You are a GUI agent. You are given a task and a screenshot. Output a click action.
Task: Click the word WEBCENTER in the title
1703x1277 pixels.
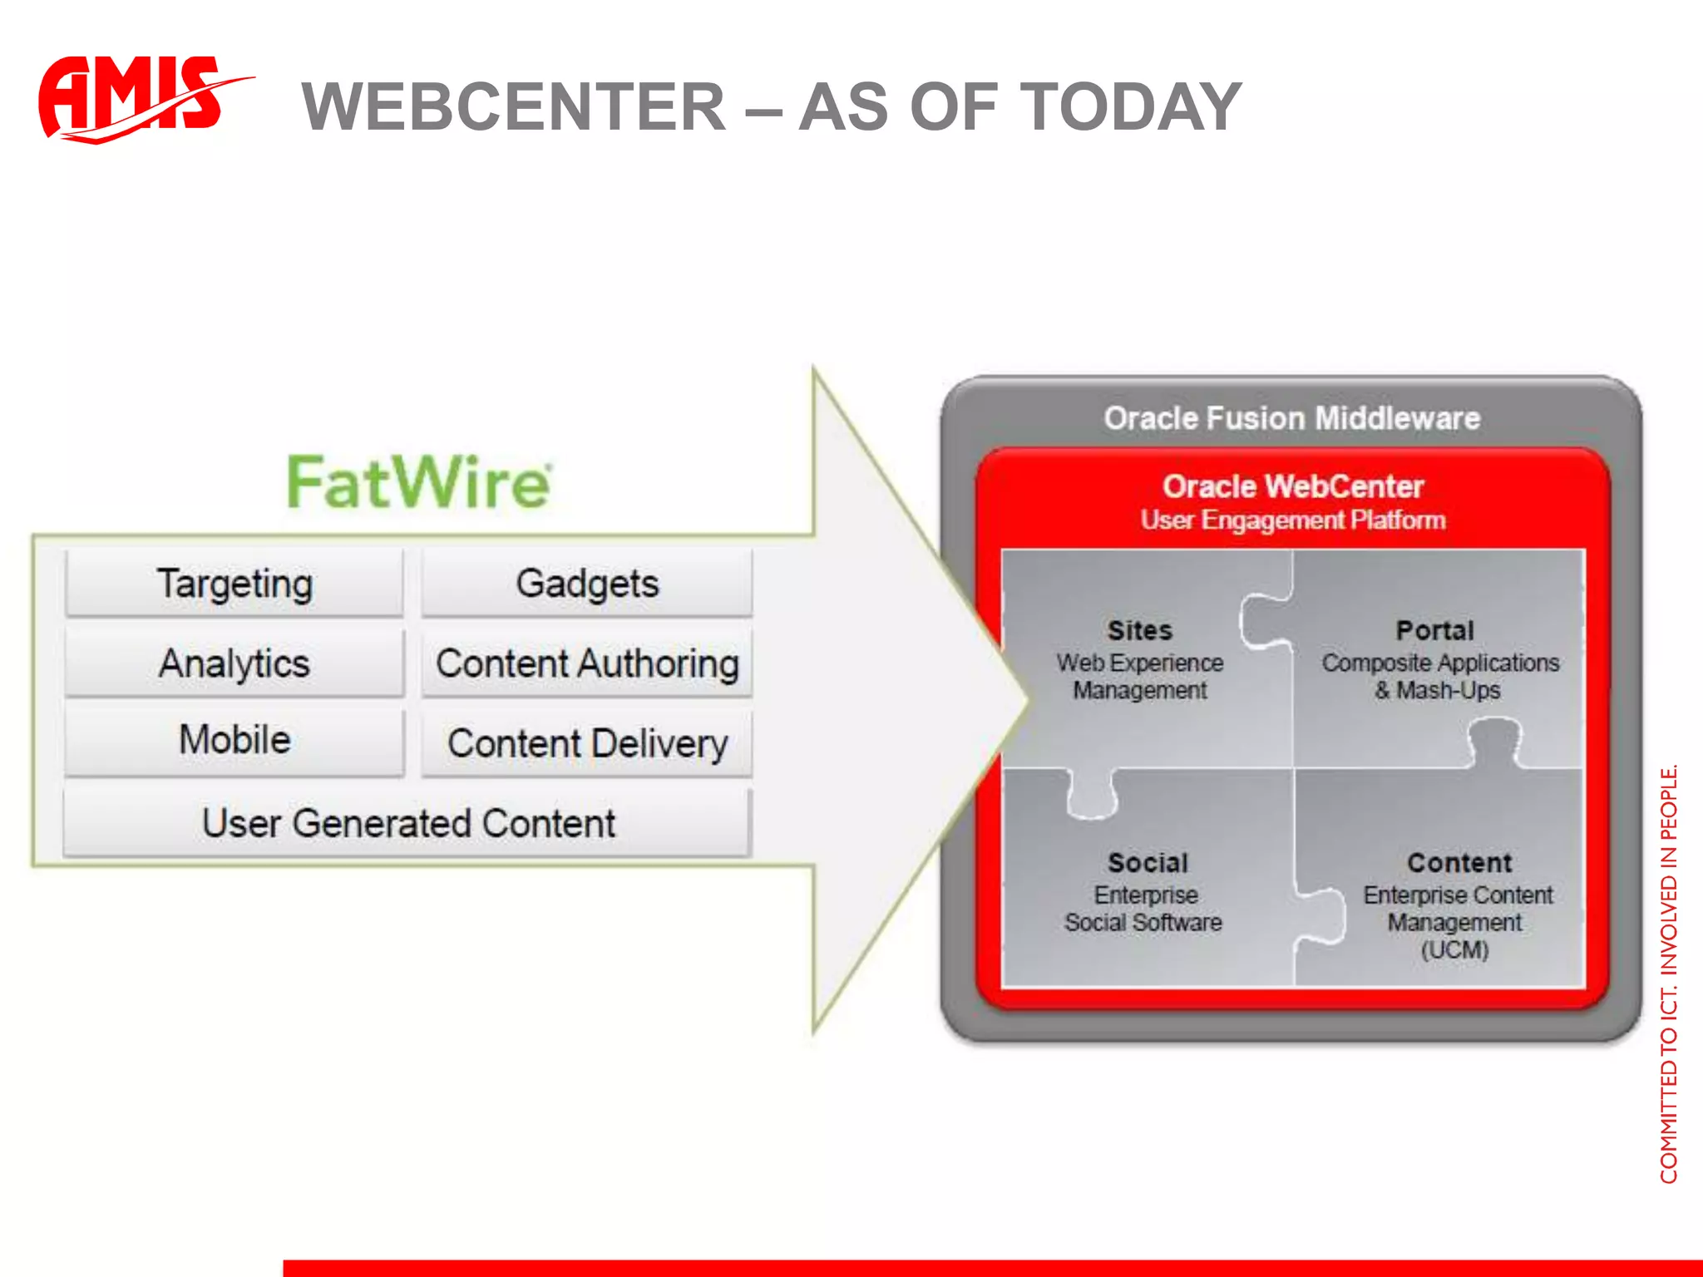coord(514,107)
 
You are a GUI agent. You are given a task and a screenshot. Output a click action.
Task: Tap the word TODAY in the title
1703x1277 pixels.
coord(1130,107)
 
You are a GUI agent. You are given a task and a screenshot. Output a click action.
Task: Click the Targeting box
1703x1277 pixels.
coord(234,583)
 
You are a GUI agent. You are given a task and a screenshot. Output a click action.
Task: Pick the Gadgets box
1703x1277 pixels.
coord(587,583)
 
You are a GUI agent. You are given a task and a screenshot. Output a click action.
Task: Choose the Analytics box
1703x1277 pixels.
coord(234,663)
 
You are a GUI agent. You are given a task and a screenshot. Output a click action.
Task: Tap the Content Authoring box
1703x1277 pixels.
coord(587,663)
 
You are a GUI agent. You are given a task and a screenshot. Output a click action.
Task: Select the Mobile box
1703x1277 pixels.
coord(234,740)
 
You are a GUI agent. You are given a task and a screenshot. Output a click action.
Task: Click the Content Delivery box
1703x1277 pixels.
coord(587,743)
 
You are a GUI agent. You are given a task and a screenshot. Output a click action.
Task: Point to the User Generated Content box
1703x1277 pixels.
coord(408,823)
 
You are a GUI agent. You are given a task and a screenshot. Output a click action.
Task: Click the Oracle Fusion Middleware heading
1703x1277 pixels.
coord(1291,418)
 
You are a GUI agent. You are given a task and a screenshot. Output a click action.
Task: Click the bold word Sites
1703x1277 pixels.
coord(1140,630)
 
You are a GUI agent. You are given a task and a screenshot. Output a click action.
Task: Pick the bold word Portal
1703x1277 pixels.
coord(1435,630)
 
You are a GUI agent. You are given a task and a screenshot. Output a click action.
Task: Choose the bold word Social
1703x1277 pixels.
coord(1148,863)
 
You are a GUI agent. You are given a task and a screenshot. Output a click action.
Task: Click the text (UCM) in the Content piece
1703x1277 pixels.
coord(1454,949)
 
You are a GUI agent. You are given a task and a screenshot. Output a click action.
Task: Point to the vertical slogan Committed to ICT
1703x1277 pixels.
coord(1668,973)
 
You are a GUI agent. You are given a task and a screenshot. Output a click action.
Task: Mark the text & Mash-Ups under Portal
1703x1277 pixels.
coord(1438,691)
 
